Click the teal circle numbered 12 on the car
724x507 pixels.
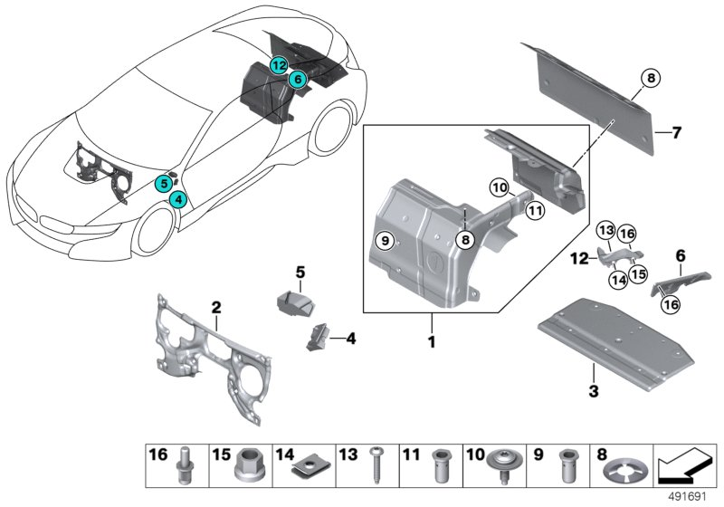click(x=279, y=64)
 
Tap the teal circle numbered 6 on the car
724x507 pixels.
click(x=296, y=80)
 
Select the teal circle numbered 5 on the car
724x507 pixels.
click(x=163, y=183)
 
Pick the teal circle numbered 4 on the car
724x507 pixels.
click(x=178, y=198)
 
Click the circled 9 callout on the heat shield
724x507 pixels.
click(x=385, y=240)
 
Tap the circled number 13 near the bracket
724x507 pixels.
click(x=605, y=231)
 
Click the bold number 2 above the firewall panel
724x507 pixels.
click(x=216, y=309)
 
